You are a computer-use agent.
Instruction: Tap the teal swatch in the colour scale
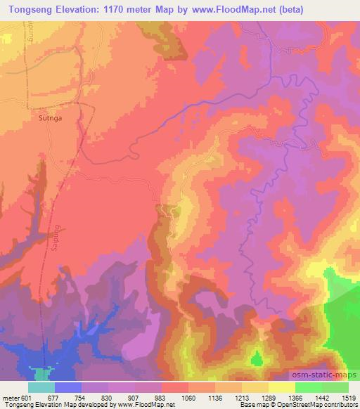(41, 387)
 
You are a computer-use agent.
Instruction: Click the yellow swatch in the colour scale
(281, 387)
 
